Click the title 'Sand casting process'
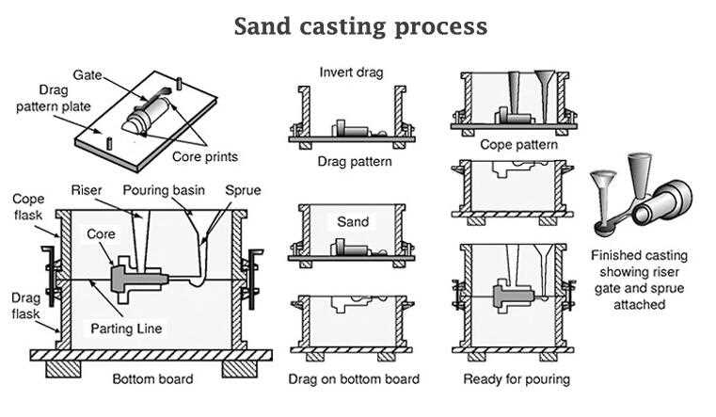[360, 26]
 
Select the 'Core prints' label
[205, 156]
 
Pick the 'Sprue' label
[243, 189]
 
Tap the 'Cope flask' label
[28, 207]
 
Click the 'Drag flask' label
[25, 305]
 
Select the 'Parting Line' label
[127, 329]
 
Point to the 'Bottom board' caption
[152, 379]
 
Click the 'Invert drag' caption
[352, 72]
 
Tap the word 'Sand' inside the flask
[353, 222]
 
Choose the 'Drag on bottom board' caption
[353, 379]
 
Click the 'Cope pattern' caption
[518, 145]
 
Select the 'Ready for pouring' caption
[517, 379]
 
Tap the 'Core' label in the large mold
[101, 233]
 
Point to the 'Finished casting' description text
[639, 280]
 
